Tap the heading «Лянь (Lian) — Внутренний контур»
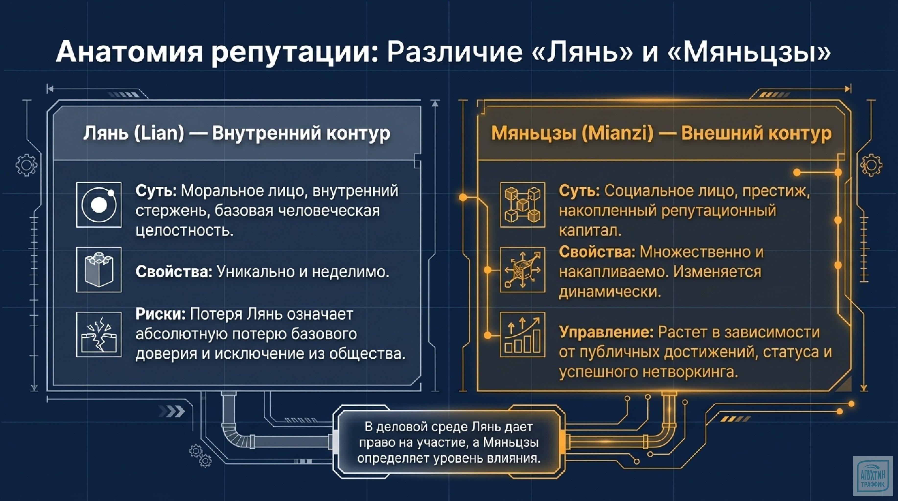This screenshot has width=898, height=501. point(236,133)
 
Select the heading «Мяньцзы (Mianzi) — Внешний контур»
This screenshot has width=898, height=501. point(661,133)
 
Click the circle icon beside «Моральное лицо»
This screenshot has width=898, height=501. point(99,205)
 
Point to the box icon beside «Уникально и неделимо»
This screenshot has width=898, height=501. point(99,270)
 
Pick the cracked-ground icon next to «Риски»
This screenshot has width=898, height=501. point(99,334)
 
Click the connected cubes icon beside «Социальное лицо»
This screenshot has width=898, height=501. point(523,205)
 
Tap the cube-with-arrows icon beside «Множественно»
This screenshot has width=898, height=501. point(523,270)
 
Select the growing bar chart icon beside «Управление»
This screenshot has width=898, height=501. point(523,334)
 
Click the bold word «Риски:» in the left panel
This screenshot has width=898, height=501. point(160,314)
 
